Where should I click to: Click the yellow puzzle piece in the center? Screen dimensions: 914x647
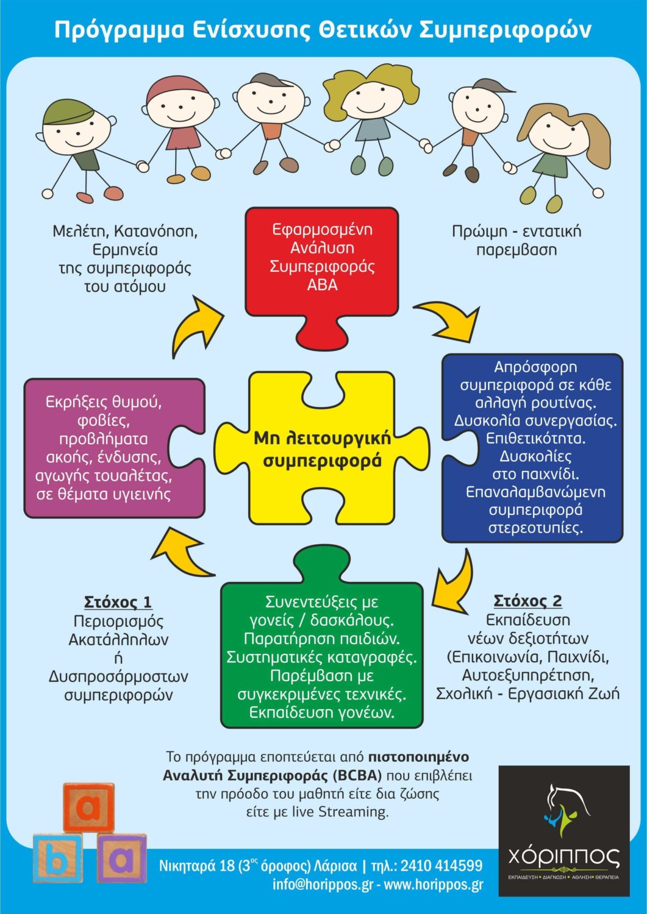click(322, 448)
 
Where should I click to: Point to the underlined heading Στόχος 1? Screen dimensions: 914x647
click(118, 602)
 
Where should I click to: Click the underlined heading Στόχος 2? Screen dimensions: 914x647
click(527, 601)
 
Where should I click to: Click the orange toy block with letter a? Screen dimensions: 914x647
click(88, 807)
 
